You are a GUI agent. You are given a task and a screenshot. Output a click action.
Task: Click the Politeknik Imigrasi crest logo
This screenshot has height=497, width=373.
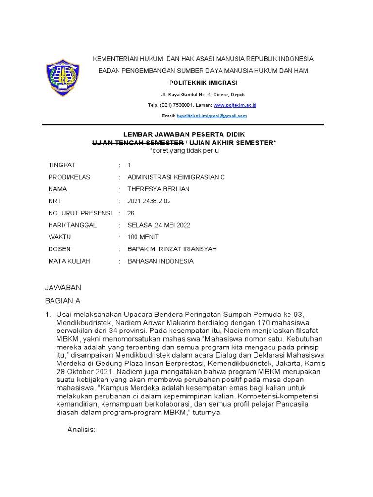click(x=62, y=78)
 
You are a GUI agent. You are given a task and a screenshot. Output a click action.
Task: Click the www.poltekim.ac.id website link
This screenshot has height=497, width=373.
click(x=235, y=105)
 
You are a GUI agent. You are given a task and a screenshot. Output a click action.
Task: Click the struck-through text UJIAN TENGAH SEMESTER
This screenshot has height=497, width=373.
click(x=137, y=143)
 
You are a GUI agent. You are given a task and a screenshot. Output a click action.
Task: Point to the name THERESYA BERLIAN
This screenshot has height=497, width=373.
click(x=158, y=189)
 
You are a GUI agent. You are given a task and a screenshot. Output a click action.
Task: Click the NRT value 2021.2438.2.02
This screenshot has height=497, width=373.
click(x=149, y=201)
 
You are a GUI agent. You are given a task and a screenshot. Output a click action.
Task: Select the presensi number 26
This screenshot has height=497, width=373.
click(x=131, y=213)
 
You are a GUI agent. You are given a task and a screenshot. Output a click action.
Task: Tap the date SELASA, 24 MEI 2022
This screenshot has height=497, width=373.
click(x=159, y=225)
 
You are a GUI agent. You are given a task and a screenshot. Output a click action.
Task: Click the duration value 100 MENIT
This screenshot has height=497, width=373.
click(x=143, y=237)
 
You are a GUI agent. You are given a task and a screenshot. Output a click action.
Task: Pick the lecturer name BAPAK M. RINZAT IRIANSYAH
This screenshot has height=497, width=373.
click(x=171, y=249)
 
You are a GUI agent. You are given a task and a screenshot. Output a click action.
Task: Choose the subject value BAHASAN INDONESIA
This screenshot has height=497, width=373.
click(x=160, y=261)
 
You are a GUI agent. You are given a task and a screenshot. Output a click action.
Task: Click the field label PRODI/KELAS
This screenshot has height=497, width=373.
click(x=69, y=177)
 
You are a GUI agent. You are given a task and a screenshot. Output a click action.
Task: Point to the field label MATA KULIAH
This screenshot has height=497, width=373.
click(x=69, y=261)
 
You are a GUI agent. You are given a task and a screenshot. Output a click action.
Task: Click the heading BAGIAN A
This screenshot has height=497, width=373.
click(x=62, y=301)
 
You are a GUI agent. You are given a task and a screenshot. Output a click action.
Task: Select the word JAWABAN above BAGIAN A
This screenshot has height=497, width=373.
click(x=63, y=288)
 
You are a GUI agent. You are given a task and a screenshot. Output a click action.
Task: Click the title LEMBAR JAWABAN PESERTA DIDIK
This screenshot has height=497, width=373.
click(x=184, y=134)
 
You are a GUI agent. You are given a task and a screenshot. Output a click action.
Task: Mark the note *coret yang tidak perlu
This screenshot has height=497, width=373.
click(x=184, y=151)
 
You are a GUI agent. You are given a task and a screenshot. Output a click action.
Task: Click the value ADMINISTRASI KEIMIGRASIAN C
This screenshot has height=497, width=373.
click(x=176, y=177)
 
